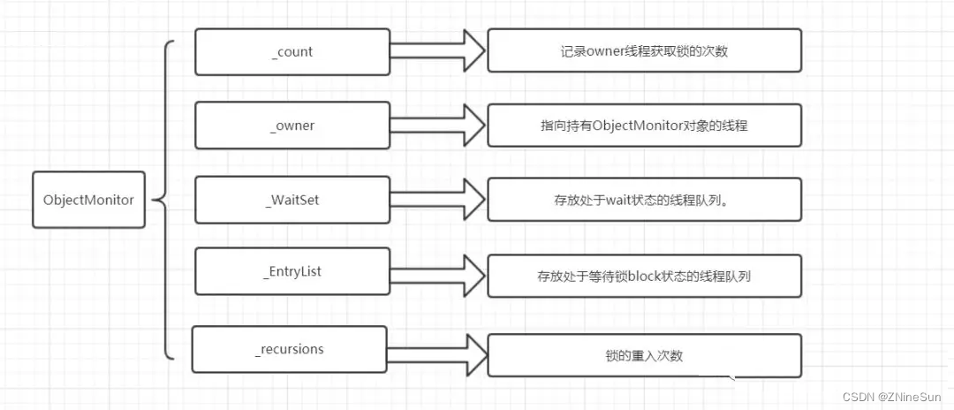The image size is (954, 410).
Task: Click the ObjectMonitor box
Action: (x=88, y=200)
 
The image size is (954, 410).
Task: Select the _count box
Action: (x=291, y=52)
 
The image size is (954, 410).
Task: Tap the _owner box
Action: (x=291, y=125)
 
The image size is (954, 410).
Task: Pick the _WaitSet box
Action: (x=291, y=200)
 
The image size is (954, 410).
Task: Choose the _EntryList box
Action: (x=291, y=272)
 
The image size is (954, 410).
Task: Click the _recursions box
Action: (x=290, y=349)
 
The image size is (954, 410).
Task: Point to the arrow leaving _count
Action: (x=437, y=51)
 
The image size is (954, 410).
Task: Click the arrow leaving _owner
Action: (x=437, y=125)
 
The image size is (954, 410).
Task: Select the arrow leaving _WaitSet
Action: (x=437, y=200)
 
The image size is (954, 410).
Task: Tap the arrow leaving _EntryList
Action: (x=437, y=274)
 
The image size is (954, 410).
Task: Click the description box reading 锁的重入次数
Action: (x=644, y=355)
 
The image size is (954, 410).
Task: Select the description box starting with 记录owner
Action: (x=644, y=51)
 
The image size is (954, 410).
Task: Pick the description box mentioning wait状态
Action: (x=644, y=200)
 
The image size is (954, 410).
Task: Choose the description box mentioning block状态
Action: (x=644, y=276)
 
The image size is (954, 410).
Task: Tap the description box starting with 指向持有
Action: (x=644, y=125)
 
